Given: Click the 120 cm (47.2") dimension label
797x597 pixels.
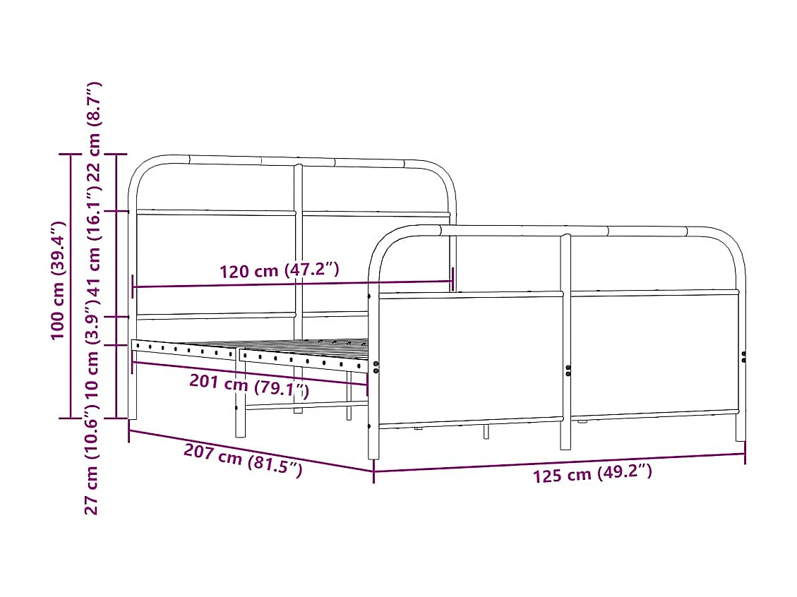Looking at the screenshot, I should click(280, 270).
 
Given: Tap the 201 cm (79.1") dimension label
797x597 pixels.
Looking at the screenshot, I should click(249, 385).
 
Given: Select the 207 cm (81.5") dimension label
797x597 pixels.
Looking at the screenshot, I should click(244, 459).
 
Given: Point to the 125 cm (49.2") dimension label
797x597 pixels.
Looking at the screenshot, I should click(592, 474).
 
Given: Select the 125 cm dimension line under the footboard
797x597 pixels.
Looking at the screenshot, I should click(559, 463).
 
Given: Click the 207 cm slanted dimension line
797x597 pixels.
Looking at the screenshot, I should click(251, 450).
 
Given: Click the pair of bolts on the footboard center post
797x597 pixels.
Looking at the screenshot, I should click(568, 370).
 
